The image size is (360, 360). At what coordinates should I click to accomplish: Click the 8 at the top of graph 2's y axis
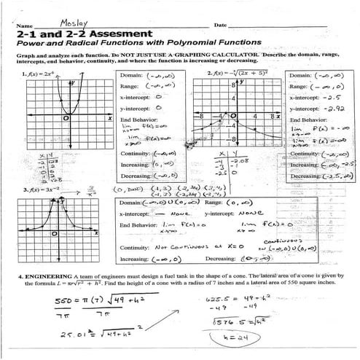(x=232, y=85)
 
